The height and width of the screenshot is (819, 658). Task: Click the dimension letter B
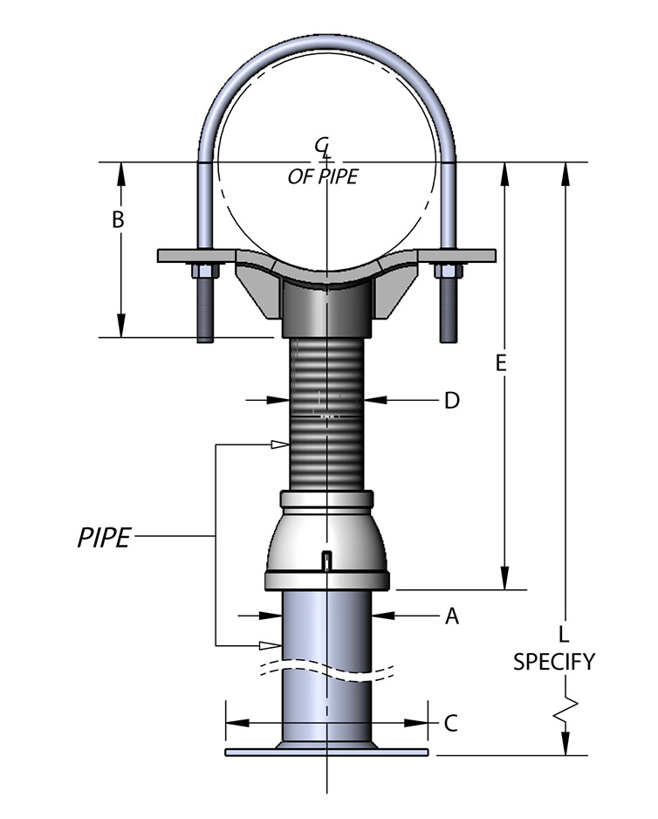tap(118, 219)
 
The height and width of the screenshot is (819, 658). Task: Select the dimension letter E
tap(501, 363)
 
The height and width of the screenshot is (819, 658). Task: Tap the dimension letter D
tap(452, 401)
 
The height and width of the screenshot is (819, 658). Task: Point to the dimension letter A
tap(452, 616)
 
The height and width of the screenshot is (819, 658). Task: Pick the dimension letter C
tap(450, 724)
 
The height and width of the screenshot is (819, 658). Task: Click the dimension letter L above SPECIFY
tap(564, 634)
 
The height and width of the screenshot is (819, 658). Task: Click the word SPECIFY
tap(554, 662)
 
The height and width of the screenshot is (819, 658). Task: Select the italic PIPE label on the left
tap(104, 538)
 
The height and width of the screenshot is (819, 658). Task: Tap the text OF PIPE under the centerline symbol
tap(323, 176)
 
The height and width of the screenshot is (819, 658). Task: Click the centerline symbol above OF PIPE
tap(323, 148)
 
